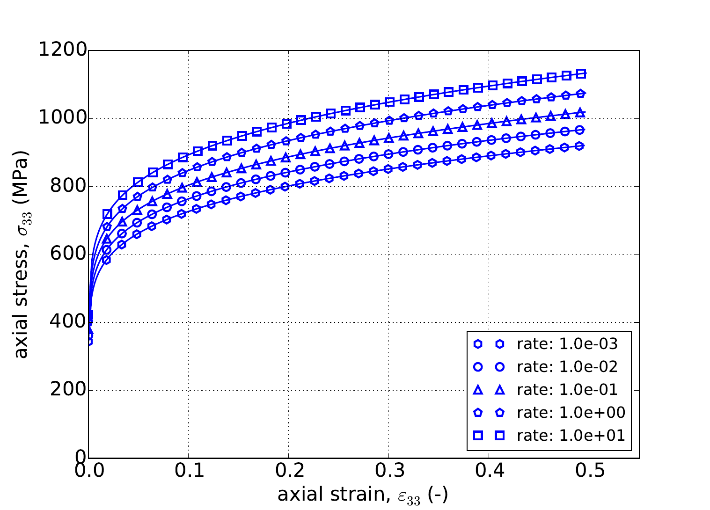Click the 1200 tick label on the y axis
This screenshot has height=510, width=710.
click(62, 51)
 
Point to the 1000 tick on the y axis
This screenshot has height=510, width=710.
click(62, 118)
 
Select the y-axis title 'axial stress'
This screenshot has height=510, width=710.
click(21, 255)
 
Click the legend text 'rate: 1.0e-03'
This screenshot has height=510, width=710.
click(567, 344)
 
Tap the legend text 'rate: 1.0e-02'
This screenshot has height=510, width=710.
click(567, 367)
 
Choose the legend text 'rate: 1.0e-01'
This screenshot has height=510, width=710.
click(567, 390)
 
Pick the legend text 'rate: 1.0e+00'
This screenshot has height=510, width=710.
click(571, 413)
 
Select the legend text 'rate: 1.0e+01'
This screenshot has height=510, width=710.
click(571, 436)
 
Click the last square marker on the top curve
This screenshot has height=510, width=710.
click(581, 73)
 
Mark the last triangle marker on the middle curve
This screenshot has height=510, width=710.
click(580, 112)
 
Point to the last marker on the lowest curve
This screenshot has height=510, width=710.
click(580, 146)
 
